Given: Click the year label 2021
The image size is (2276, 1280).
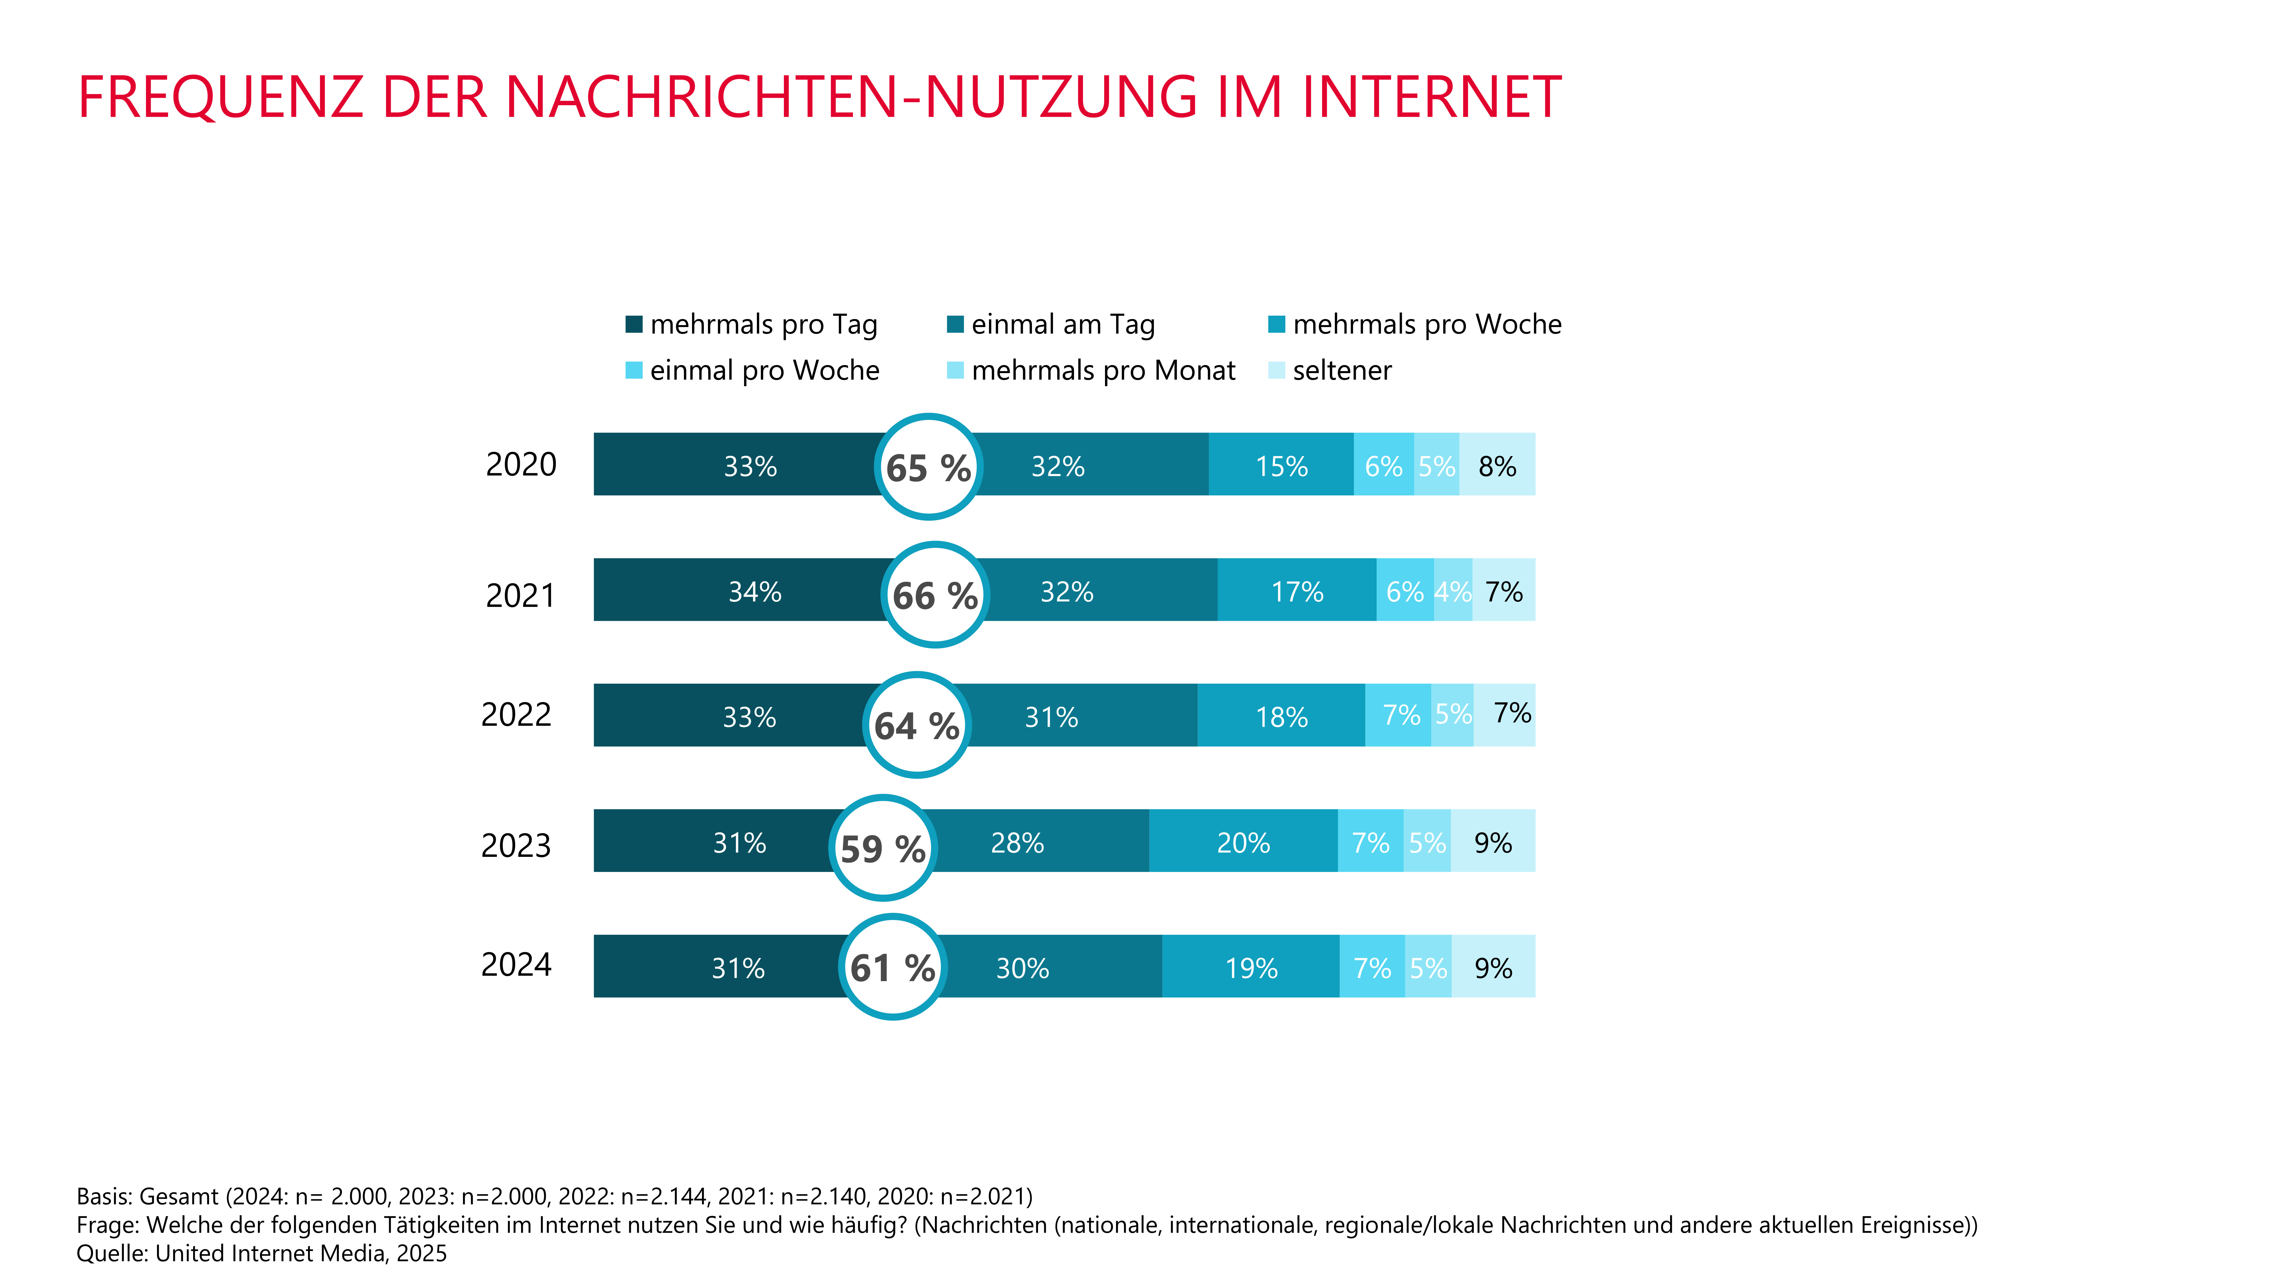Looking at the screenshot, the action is click(521, 595).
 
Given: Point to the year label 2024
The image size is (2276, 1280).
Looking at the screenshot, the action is click(516, 964).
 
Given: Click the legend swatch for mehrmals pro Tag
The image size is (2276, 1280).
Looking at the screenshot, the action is click(633, 324).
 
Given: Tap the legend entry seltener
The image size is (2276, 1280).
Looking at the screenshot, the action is click(1330, 370).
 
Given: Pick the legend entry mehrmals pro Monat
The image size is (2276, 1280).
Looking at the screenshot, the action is click(1091, 370).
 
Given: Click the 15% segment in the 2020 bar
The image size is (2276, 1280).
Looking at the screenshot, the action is click(1281, 464).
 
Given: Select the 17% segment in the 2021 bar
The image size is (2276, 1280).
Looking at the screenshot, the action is click(1297, 589).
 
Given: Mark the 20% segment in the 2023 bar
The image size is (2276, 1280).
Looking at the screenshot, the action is click(1243, 840).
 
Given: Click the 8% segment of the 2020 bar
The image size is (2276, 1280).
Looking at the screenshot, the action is click(1498, 464).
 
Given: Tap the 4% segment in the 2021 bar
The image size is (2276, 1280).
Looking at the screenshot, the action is click(1453, 589).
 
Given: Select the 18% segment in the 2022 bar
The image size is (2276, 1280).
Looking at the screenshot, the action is click(1281, 715).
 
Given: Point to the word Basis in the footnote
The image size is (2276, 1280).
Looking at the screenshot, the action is click(103, 1196).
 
